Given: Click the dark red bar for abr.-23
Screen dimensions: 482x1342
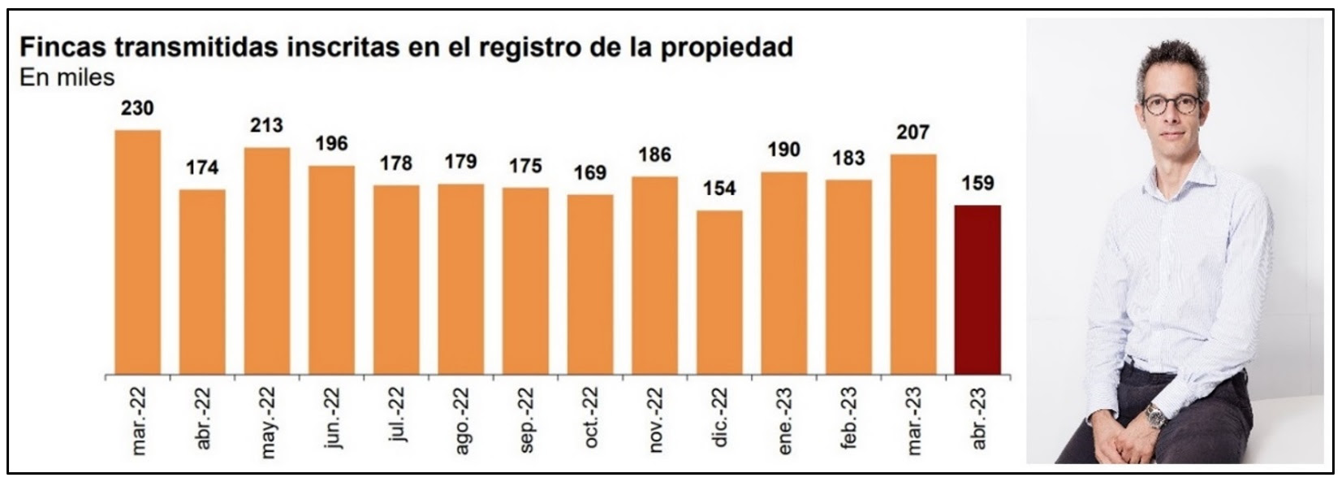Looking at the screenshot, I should click(977, 291).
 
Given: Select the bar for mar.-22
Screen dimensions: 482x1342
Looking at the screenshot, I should click(137, 253).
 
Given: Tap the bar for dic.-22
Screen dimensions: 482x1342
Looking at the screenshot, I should click(719, 293).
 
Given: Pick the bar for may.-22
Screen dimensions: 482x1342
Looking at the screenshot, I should click(266, 262).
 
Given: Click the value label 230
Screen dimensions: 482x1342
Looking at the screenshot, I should click(137, 108).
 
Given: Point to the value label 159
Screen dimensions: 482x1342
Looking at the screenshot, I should click(977, 184).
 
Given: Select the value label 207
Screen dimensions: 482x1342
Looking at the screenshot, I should click(913, 132).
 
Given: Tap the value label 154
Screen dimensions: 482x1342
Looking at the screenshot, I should click(719, 189).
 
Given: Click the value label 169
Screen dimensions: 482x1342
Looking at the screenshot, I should click(590, 172).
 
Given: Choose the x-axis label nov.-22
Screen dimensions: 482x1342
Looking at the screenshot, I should click(655, 419).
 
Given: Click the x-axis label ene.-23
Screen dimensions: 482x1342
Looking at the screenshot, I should click(784, 419).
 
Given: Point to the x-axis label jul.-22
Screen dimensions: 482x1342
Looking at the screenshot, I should click(396, 416).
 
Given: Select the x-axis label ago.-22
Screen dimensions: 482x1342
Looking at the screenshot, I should click(461, 419).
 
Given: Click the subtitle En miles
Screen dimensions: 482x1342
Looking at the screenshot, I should click(67, 77).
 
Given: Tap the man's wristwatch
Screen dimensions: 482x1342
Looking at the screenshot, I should click(1154, 415).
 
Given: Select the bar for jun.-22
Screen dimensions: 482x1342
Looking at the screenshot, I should click(331, 271).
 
